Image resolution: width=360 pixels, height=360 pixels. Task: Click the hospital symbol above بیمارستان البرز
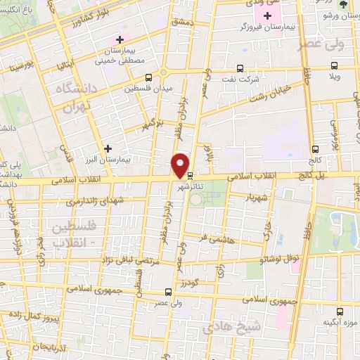click(107, 148)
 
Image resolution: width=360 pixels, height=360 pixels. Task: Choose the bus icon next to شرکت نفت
click(240, 69)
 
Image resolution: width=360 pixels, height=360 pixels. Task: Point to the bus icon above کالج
click(315, 149)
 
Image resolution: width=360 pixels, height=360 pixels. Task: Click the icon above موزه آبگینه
click(340, 311)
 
